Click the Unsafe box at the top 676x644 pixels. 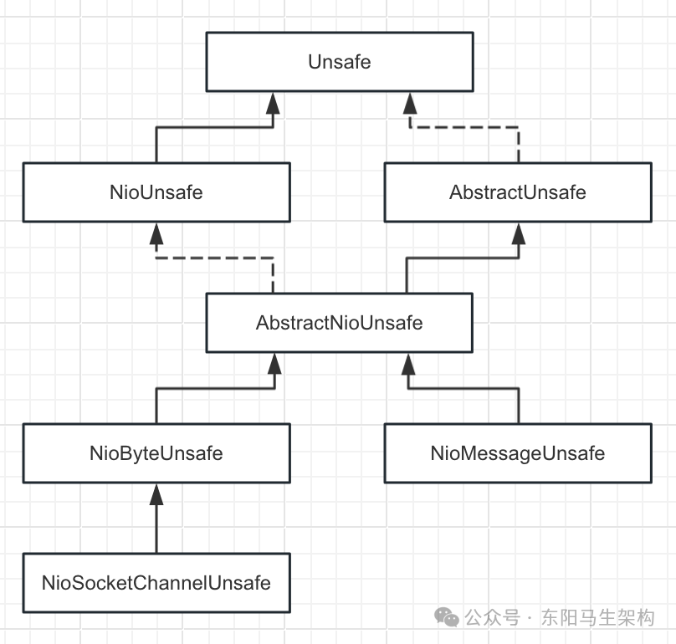coord(339,63)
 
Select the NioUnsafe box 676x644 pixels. coord(156,192)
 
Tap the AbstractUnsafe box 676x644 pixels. coord(518,192)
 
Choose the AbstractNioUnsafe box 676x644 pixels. coord(339,322)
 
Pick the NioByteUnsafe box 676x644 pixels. coord(156,453)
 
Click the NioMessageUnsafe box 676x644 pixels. coord(518,453)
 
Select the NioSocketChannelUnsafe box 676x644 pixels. coord(156,583)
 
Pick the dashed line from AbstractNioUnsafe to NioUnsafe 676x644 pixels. coord(215,258)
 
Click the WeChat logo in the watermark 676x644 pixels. coord(446,617)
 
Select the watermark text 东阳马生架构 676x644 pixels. coord(597,618)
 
